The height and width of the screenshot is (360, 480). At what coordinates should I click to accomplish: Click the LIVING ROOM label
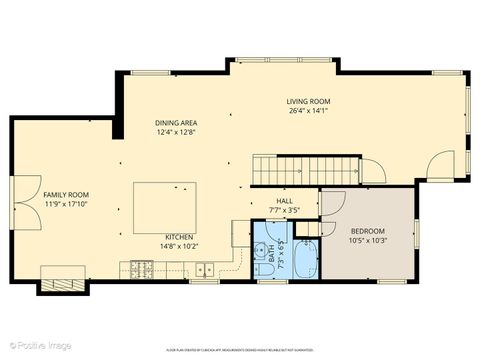(x=308, y=101)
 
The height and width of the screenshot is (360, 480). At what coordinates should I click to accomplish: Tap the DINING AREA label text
(x=175, y=122)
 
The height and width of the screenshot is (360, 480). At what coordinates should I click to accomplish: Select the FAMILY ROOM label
(x=66, y=194)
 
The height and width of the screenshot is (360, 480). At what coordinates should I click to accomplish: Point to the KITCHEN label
(x=179, y=237)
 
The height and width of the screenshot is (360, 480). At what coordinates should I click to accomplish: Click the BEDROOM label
(x=368, y=230)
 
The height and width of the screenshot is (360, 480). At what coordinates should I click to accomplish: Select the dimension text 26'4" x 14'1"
(x=308, y=111)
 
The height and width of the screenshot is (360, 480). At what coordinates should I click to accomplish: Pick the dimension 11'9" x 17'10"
(x=66, y=204)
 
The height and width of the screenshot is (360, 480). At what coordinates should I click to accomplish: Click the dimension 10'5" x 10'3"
(x=368, y=240)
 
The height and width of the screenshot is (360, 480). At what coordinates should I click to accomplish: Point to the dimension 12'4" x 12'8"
(x=175, y=132)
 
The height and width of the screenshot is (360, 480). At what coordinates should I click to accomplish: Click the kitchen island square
(x=165, y=207)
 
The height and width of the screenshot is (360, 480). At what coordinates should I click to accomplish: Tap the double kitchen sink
(x=205, y=268)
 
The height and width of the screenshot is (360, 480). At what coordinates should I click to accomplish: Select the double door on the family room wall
(x=14, y=197)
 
